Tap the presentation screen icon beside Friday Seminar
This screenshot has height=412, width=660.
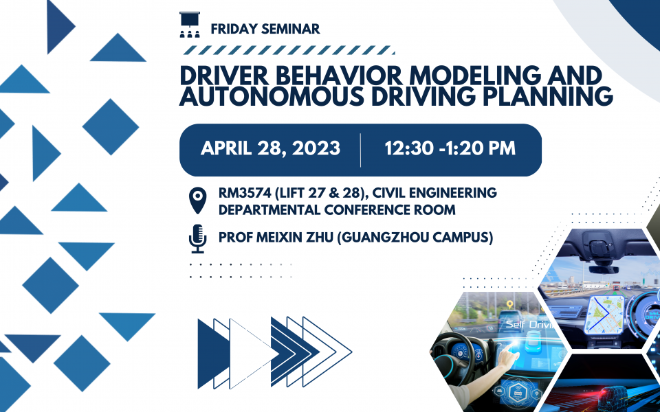pyautogui.click(x=190, y=25)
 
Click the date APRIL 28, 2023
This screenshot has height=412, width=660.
pyautogui.click(x=271, y=148)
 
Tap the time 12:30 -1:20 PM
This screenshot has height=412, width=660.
pyautogui.click(x=450, y=148)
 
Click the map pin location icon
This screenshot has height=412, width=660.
pyautogui.click(x=198, y=201)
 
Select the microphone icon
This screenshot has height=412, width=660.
pyautogui.click(x=197, y=239)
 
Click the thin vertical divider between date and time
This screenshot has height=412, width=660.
pyautogui.click(x=361, y=150)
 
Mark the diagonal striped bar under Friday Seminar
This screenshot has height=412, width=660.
pyautogui.click(x=289, y=50)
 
